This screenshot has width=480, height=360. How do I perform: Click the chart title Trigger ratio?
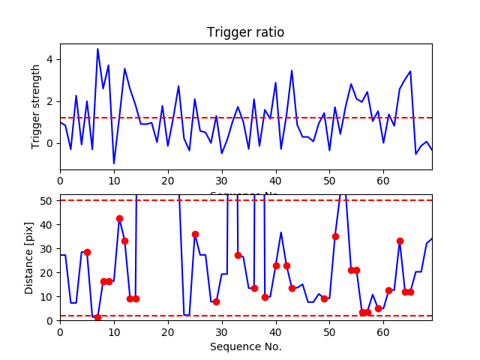tap(245, 33)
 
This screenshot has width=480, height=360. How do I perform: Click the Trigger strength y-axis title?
tap(36, 106)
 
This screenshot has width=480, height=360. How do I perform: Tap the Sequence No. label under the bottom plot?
tap(245, 346)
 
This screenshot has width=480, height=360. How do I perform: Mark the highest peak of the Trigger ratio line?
tap(97, 49)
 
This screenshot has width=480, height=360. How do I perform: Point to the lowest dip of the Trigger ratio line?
tap(114, 163)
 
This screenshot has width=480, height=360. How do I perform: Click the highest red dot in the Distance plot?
tap(119, 218)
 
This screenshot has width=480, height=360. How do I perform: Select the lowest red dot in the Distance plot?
tap(97, 317)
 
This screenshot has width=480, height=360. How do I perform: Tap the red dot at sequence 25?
tap(195, 234)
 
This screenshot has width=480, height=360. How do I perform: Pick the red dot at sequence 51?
tap(335, 236)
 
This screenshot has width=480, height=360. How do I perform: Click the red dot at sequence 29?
tap(216, 301)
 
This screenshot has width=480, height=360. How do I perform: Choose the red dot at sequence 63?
tap(400, 241)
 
